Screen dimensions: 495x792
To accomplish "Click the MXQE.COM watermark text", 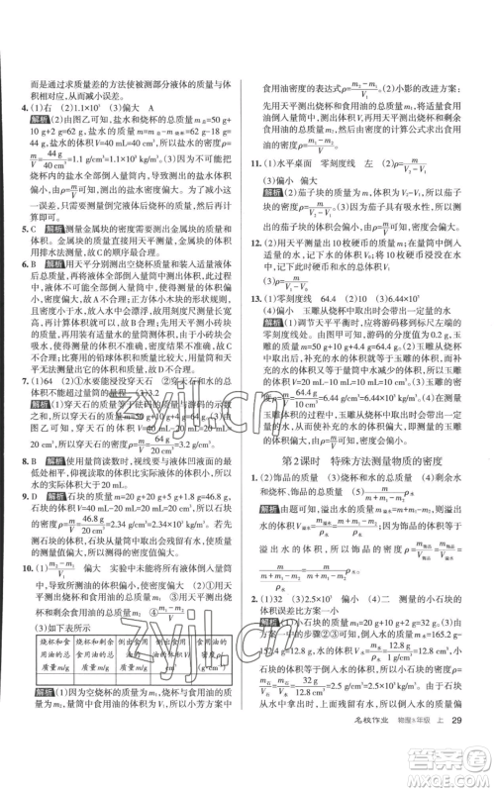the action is point(445,782).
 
